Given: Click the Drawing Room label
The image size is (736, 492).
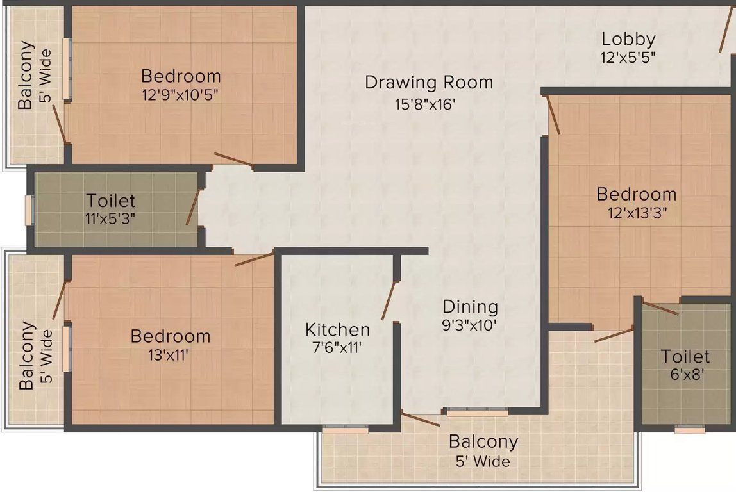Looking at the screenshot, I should point(429,83).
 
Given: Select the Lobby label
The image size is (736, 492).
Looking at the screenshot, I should point(628,39).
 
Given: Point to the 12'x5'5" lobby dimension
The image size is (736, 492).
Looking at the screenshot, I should point(628,58).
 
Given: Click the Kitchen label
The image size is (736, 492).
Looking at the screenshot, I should point(337,330).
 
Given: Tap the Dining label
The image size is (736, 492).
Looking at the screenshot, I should point(470,307).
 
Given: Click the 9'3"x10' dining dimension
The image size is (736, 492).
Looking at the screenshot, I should point(469,325).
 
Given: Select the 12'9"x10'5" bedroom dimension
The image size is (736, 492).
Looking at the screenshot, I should point(181,95).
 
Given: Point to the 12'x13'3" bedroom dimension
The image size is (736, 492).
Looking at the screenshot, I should point(636,213).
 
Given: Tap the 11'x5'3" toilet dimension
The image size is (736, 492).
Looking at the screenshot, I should point(110,219).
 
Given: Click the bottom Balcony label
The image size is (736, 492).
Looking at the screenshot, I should point(483,442).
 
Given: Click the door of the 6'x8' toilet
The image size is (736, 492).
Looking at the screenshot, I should point(660,308).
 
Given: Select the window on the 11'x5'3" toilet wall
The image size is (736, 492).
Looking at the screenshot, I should point(29,210).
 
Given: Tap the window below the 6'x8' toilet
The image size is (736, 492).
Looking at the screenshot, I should point(689,430).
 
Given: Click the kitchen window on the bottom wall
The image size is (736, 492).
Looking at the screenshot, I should point(346,429).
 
